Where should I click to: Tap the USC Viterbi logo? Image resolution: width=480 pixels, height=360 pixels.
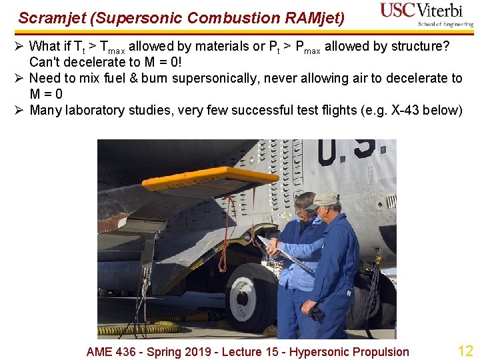point(426,14)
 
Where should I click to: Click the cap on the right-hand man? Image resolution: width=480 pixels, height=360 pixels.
point(325,198)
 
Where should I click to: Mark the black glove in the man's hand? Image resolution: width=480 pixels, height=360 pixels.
point(317,313)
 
